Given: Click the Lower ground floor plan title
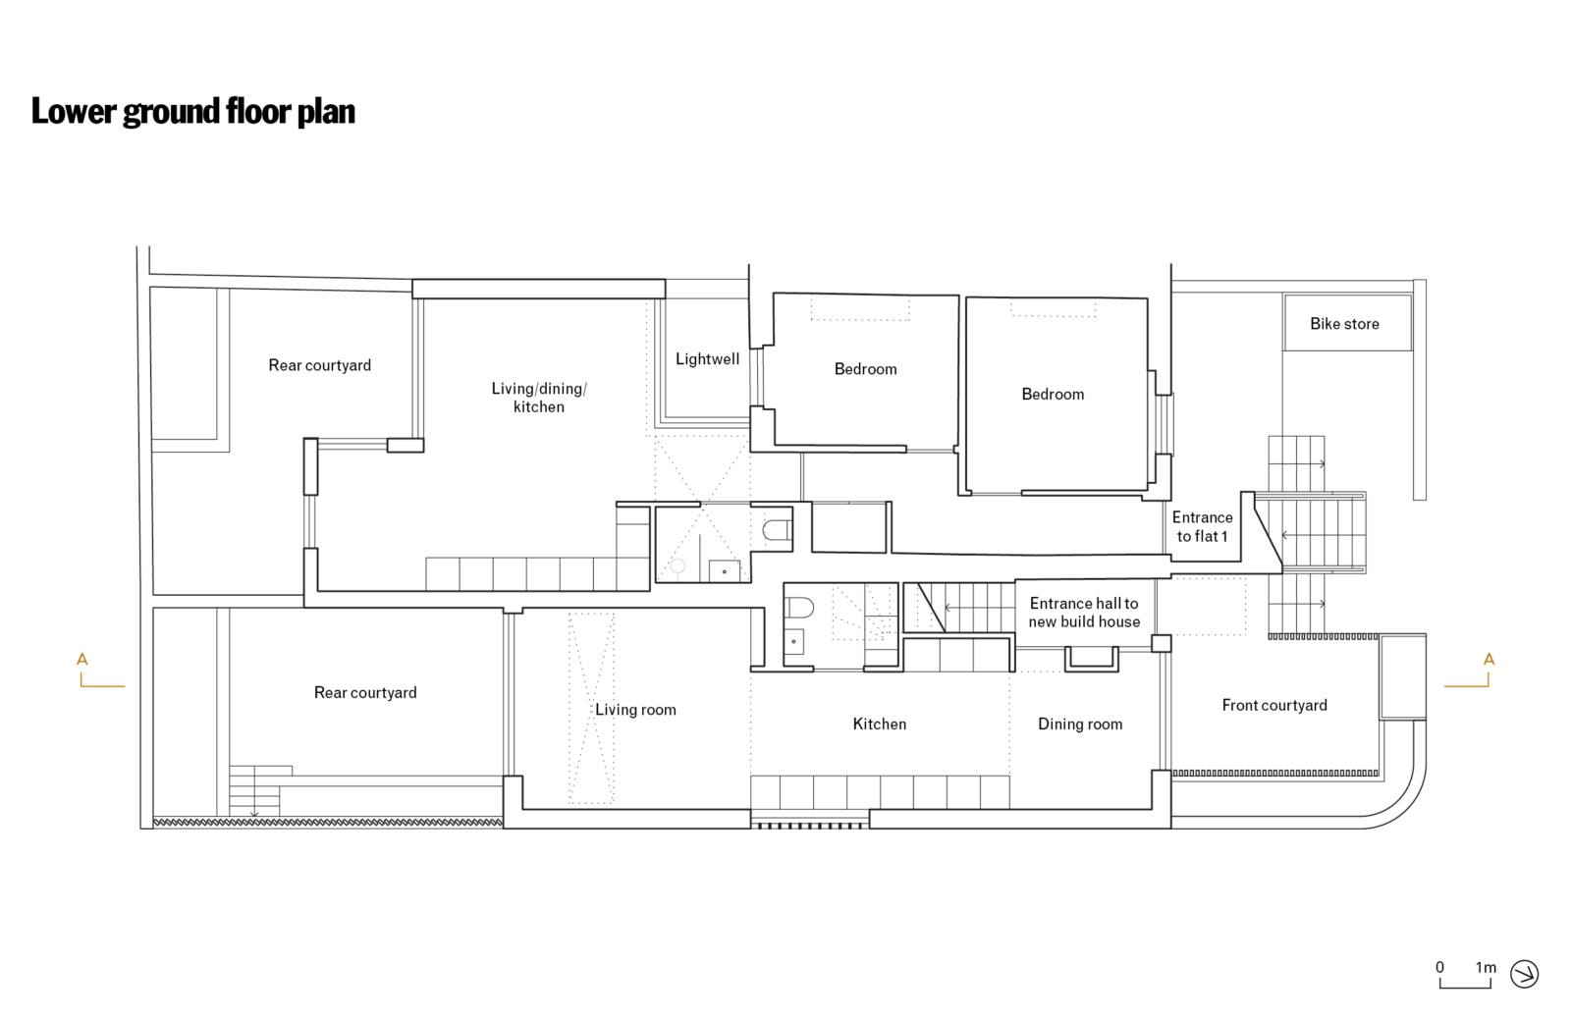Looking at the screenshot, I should click(x=192, y=111).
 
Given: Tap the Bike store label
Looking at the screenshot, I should click(x=1344, y=324).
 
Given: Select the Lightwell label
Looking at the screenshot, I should click(x=707, y=359).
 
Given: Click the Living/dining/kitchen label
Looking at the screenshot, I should click(x=539, y=398).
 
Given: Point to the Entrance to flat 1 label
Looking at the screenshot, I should click(x=1202, y=526).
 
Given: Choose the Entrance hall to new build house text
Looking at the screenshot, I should click(x=1084, y=613).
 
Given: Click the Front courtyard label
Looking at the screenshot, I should click(x=1273, y=705).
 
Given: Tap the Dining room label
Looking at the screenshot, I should click(x=1079, y=725).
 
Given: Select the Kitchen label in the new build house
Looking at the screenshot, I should click(x=879, y=725).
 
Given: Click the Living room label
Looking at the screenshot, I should click(x=635, y=710).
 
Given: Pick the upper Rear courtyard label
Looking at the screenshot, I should click(x=320, y=365).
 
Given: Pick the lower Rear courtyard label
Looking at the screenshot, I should click(x=365, y=693).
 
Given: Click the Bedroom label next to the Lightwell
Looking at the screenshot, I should click(x=865, y=369).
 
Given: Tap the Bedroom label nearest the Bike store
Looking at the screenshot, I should click(x=1053, y=395).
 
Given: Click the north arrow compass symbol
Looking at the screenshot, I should click(x=1524, y=974).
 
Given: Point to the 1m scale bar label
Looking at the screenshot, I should click(x=1486, y=967).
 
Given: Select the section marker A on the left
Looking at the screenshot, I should click(x=82, y=660).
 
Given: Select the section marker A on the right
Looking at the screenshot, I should click(x=1489, y=660).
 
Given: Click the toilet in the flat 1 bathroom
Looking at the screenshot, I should click(x=778, y=531).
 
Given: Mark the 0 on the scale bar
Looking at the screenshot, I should click(x=1439, y=967).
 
